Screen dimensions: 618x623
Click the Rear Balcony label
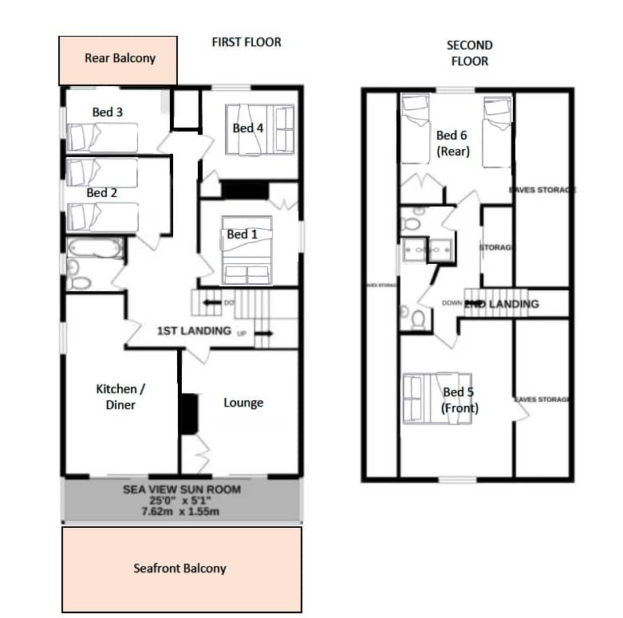(120, 58)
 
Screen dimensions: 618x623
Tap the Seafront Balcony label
(179, 569)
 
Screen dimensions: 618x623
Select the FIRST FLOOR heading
(246, 41)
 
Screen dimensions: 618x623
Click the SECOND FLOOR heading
(469, 53)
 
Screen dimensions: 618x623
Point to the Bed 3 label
(107, 112)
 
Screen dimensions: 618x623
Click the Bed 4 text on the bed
(247, 128)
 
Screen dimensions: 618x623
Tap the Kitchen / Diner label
(116, 396)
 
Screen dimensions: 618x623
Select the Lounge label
(243, 403)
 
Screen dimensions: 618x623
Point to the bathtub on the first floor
(95, 248)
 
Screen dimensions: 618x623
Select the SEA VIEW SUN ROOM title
(182, 490)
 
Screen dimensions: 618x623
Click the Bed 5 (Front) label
(460, 400)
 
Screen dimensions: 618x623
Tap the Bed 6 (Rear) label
(453, 144)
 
